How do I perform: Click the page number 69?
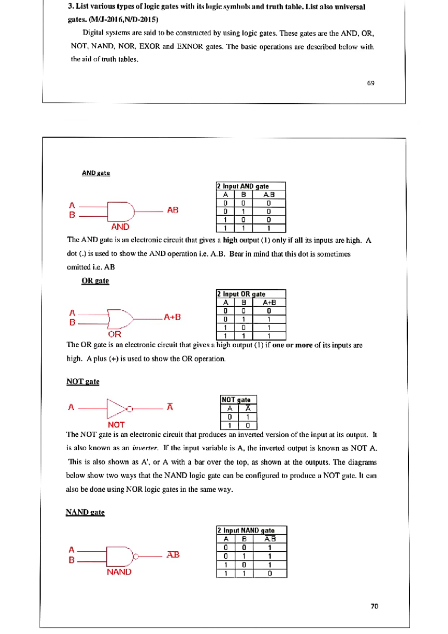click(x=370, y=83)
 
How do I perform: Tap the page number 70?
click(x=374, y=606)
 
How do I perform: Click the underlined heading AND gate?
click(x=96, y=173)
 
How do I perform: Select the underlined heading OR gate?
click(x=95, y=281)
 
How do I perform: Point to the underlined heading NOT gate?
click(x=83, y=382)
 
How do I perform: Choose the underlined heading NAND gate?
click(x=85, y=512)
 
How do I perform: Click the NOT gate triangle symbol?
click(x=115, y=408)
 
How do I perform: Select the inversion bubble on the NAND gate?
click(x=136, y=557)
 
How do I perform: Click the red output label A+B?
click(x=172, y=317)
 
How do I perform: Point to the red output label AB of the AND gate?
click(x=172, y=210)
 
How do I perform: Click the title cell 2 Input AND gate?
click(x=243, y=186)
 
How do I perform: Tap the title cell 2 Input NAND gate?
click(x=246, y=530)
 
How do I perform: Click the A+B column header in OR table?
click(x=269, y=302)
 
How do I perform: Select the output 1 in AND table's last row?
click(x=268, y=228)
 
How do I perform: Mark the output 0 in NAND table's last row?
click(x=270, y=573)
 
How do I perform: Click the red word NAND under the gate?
click(x=119, y=572)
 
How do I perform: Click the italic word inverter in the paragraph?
click(x=145, y=448)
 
